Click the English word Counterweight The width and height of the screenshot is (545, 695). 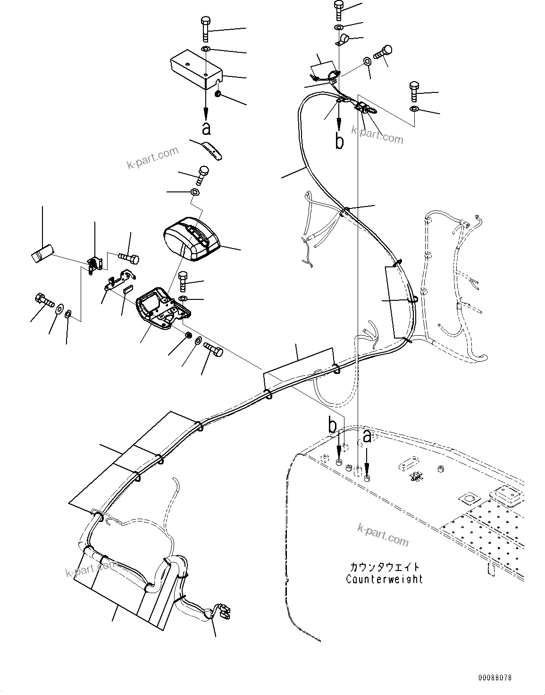tap(384, 579)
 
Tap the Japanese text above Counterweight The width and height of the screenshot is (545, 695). tap(384, 567)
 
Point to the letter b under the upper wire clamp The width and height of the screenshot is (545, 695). tap(339, 140)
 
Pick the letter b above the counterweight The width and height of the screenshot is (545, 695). tap(333, 426)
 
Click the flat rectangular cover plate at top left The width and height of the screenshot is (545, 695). tap(196, 70)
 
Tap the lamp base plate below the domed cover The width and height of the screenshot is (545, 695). tap(163, 309)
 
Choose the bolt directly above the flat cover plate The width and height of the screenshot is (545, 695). tap(206, 29)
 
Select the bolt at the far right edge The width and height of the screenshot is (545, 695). tap(414, 91)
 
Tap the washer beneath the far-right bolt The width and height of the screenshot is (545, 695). tap(414, 109)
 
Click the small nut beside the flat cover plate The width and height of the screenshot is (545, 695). tap(218, 95)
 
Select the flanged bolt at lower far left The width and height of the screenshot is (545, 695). tap(44, 300)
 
